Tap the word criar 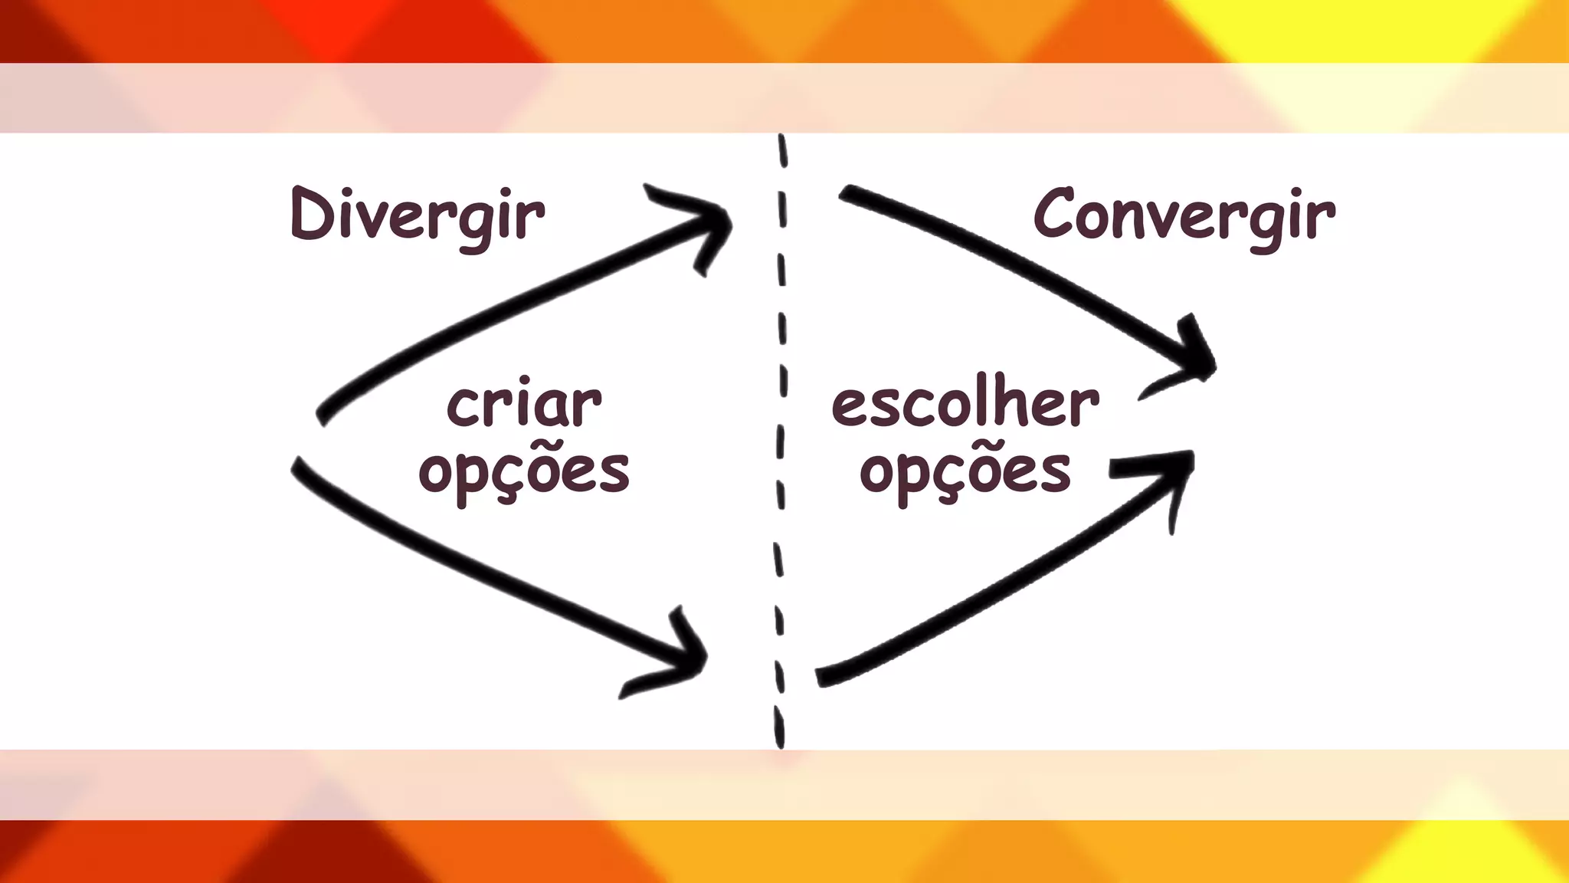pyautogui.click(x=524, y=405)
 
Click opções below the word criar pyautogui.click(x=524, y=471)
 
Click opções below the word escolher pyautogui.click(x=965, y=471)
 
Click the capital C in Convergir pyautogui.click(x=1056, y=215)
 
